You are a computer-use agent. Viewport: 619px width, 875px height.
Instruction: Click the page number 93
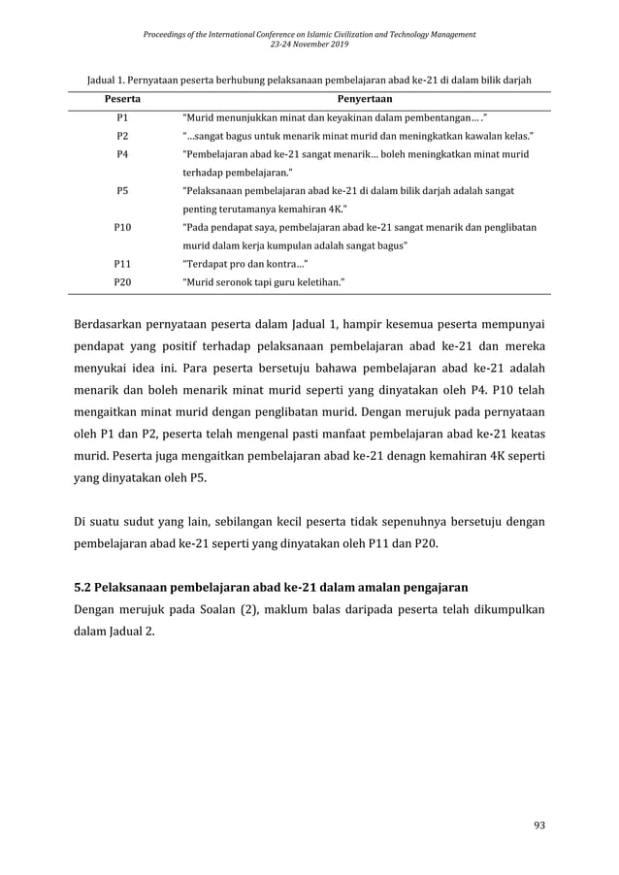(x=540, y=826)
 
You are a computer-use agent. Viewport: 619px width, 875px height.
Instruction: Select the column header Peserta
(x=121, y=100)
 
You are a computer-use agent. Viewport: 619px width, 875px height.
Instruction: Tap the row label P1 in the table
(x=121, y=118)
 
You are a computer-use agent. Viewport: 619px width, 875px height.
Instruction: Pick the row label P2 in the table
(x=121, y=137)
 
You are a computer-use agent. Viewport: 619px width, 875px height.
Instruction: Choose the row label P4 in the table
(x=121, y=155)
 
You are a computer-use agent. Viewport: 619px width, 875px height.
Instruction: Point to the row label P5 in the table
(x=121, y=191)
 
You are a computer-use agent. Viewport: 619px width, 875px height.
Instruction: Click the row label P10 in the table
(x=121, y=227)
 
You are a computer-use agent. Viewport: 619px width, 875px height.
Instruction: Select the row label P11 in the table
(x=121, y=263)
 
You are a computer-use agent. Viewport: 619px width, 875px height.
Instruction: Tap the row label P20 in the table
(x=121, y=281)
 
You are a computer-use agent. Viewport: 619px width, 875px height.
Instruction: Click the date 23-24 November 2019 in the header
(x=309, y=44)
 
